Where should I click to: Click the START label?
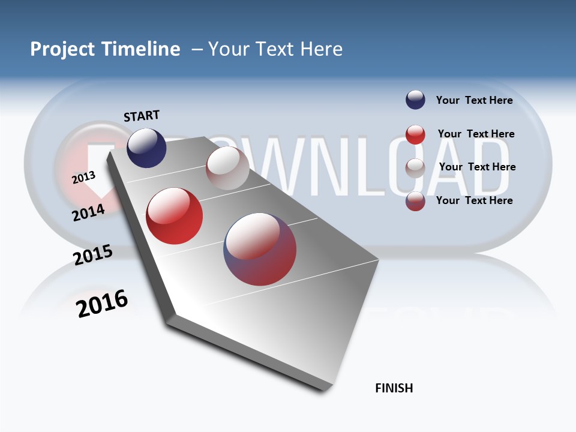142,115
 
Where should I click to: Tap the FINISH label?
394,388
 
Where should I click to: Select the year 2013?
83,178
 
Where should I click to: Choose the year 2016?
102,304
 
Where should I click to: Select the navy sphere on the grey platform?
146,148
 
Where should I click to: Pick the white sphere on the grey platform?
227,168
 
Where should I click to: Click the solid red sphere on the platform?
175,216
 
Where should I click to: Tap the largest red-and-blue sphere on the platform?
260,249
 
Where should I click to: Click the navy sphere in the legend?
415,100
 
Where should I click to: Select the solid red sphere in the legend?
415,134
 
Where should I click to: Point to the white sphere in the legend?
415,167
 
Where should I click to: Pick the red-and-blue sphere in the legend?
415,201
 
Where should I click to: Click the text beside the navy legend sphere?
474,100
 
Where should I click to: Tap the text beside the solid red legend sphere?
476,134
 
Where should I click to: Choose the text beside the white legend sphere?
477,167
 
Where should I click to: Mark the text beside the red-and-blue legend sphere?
474,200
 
